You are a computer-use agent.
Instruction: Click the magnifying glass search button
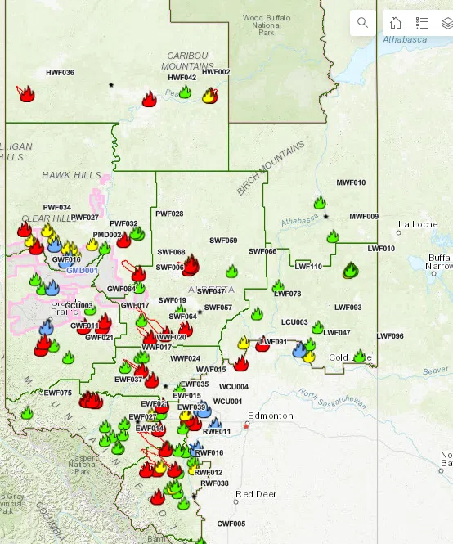(x=362, y=23)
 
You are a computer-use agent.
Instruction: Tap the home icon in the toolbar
(x=396, y=23)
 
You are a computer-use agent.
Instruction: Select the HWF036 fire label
(x=60, y=73)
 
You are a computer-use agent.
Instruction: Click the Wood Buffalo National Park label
(x=262, y=25)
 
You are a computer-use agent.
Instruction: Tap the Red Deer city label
(x=255, y=494)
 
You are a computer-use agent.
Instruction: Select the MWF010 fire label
(x=351, y=182)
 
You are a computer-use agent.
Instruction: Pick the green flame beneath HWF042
(x=185, y=92)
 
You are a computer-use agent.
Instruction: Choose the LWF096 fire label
(x=390, y=336)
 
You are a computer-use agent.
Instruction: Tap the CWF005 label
(x=231, y=524)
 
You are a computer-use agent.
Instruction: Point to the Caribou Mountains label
(x=188, y=60)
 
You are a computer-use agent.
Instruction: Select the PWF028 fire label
(x=169, y=214)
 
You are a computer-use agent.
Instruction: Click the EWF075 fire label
(x=58, y=393)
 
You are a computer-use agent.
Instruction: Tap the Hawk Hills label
(x=72, y=175)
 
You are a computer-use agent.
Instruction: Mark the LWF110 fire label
(x=308, y=266)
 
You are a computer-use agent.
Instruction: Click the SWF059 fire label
(x=223, y=241)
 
